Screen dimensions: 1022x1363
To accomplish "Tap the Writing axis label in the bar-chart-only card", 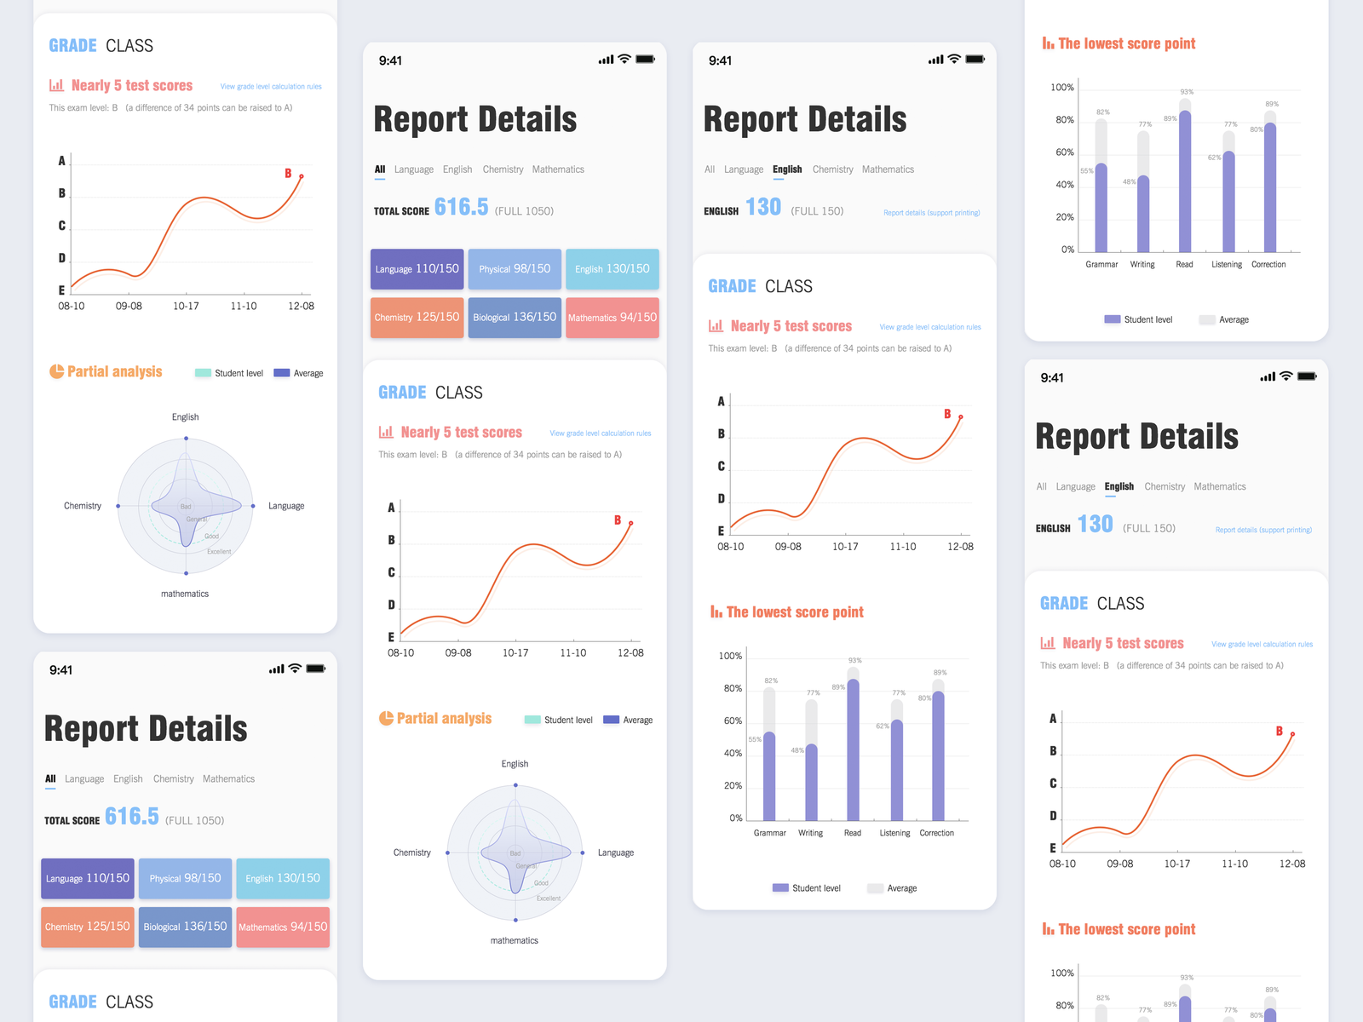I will point(1142,265).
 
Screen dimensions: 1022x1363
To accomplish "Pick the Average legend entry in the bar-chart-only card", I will point(1234,320).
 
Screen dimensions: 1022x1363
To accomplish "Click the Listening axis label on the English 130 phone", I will point(894,833).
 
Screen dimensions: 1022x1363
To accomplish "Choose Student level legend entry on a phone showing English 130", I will point(816,888).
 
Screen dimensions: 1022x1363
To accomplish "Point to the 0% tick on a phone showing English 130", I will point(735,818).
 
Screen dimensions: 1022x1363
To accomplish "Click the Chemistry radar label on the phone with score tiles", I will point(412,853).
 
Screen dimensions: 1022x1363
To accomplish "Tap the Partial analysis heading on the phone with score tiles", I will point(444,719).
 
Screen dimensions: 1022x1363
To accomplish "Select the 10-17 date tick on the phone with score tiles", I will point(515,653).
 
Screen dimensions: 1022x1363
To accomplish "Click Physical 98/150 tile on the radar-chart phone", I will point(515,269).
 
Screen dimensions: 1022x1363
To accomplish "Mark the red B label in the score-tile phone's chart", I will point(618,520).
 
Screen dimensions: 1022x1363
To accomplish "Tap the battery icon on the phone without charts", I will point(316,669).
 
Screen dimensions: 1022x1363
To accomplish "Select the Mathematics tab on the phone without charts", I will point(228,779).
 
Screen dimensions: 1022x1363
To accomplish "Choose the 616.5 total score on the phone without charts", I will point(132,817).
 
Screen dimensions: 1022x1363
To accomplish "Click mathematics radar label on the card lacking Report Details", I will point(185,594).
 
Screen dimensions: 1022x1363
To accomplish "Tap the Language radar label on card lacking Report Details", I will point(286,506).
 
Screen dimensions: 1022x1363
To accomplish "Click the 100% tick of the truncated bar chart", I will point(1062,973).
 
